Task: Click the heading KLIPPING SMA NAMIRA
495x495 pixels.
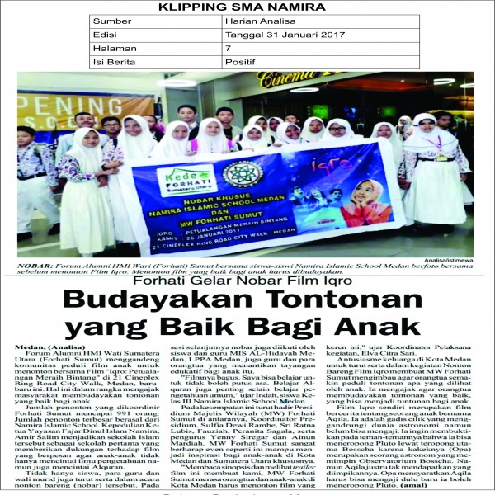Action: [x=247, y=8]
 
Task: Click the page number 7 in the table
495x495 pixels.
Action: [x=228, y=50]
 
